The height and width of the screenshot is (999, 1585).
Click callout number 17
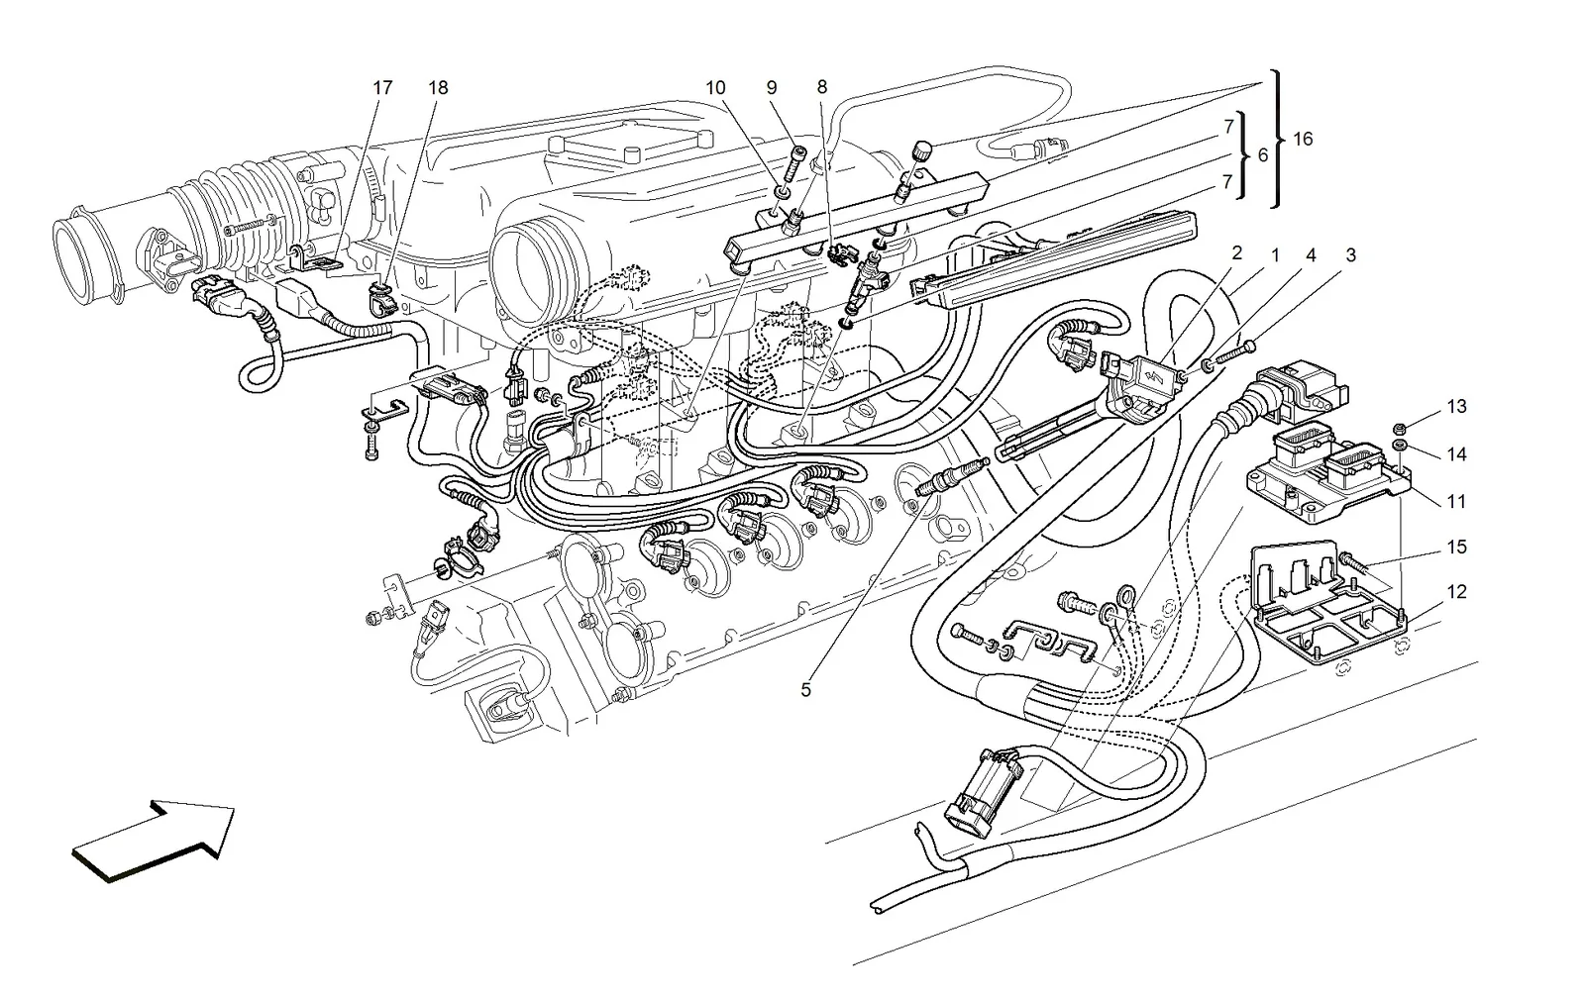(382, 88)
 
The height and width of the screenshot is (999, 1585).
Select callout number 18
(438, 88)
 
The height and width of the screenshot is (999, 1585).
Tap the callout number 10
(715, 88)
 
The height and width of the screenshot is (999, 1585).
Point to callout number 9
(772, 87)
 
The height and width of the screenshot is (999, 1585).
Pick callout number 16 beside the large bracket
(1303, 140)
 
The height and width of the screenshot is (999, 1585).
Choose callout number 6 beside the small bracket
(1263, 154)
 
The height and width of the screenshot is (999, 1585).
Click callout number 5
(806, 690)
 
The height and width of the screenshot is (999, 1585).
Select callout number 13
(1456, 407)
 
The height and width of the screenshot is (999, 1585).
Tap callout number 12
(1456, 592)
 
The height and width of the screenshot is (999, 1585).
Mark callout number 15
(1456, 547)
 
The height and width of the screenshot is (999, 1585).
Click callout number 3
(1350, 255)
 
